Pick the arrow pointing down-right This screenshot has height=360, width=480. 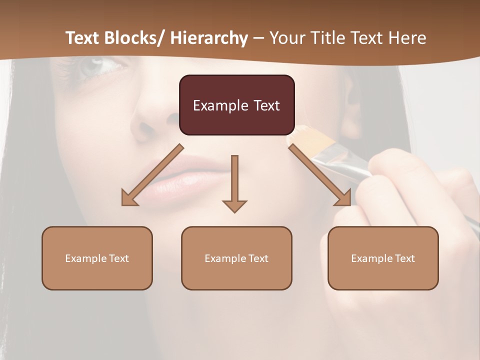tap(320, 175)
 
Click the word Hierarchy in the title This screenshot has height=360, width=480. tap(209, 38)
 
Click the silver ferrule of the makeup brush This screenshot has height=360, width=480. tap(345, 165)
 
